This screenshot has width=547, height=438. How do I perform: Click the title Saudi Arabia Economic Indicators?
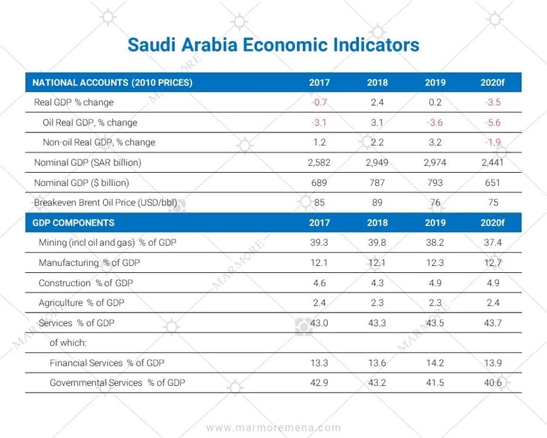273,45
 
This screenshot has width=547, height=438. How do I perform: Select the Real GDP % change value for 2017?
319,102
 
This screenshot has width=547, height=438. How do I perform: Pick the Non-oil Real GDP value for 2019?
434,143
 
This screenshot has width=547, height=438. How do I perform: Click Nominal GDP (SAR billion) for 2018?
377,163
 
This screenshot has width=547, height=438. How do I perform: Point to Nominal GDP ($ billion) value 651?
491,183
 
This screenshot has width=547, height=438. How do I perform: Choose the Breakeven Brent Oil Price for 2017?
319,203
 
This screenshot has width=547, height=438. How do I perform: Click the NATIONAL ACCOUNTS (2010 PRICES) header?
112,82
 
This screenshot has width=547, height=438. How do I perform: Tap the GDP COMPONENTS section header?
74,224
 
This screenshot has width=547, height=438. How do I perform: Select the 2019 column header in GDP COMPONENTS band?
434,224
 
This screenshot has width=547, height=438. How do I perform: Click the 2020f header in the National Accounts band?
491,82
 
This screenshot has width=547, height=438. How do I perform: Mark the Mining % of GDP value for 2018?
377,243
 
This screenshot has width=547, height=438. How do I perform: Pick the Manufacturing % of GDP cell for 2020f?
491,263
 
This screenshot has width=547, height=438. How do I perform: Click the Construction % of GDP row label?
86,283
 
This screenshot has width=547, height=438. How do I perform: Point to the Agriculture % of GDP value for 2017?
319,304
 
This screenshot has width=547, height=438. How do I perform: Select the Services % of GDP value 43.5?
434,323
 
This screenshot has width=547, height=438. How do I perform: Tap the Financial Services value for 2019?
434,363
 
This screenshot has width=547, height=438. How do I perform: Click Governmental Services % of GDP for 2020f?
491,383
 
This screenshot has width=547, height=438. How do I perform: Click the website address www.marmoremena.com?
273,428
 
